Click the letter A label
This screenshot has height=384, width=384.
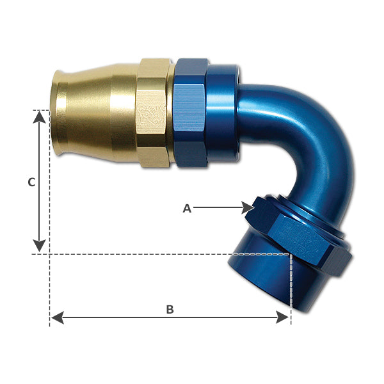pos(187,208)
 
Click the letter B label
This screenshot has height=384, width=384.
pos(170,310)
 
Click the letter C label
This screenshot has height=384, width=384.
pos(31,182)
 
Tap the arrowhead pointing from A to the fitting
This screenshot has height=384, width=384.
pos(248,207)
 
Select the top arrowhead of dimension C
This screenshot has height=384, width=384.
pos(40,116)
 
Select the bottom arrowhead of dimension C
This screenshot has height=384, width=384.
pos(40,245)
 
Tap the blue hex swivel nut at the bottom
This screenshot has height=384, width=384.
pos(301,234)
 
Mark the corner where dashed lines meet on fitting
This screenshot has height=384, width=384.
pos(291,255)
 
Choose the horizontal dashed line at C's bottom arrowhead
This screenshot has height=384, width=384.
pos(128,255)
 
